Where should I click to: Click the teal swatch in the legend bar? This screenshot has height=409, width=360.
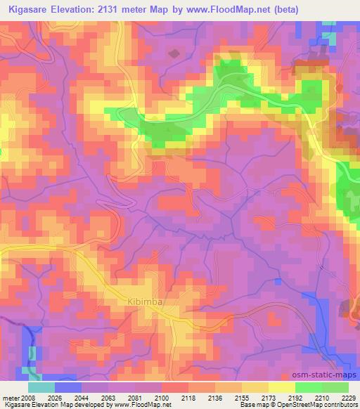tap(41, 387)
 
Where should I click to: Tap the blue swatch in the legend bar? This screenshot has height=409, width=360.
tap(68, 387)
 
